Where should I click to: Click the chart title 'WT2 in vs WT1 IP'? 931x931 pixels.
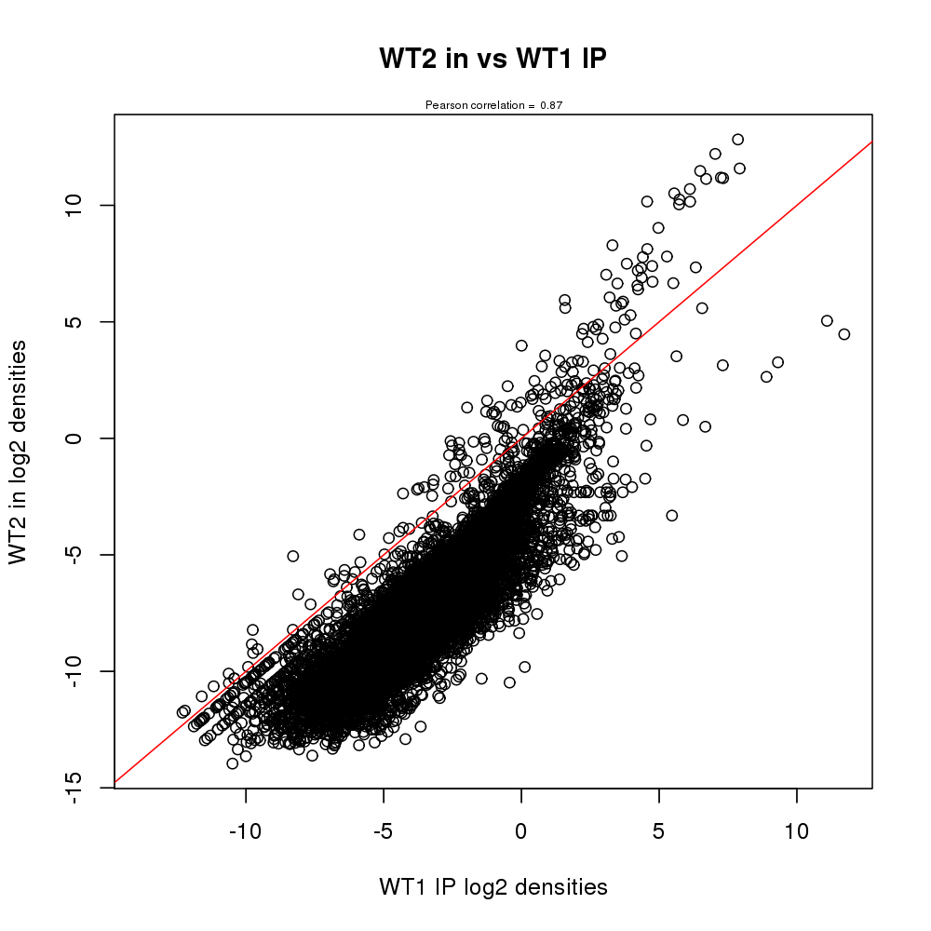coord(492,59)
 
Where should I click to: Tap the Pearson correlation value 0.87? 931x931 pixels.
coord(551,106)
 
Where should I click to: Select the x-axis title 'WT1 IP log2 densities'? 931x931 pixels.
coord(492,887)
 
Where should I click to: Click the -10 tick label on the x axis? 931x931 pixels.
coord(246,830)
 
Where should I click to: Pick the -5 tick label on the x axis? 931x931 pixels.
coord(383,830)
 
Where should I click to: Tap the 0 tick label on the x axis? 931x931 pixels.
coord(521,830)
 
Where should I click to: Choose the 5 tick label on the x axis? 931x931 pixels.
coord(659,830)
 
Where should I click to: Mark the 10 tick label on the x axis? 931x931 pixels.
coord(796,830)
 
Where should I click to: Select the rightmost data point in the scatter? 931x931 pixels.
coord(844,334)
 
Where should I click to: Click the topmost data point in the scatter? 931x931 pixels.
coord(737,140)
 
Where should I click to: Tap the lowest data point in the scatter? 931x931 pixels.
coord(233,763)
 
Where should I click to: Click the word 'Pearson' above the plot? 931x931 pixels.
coord(443,106)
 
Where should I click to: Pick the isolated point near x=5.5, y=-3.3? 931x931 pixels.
coord(671,515)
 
